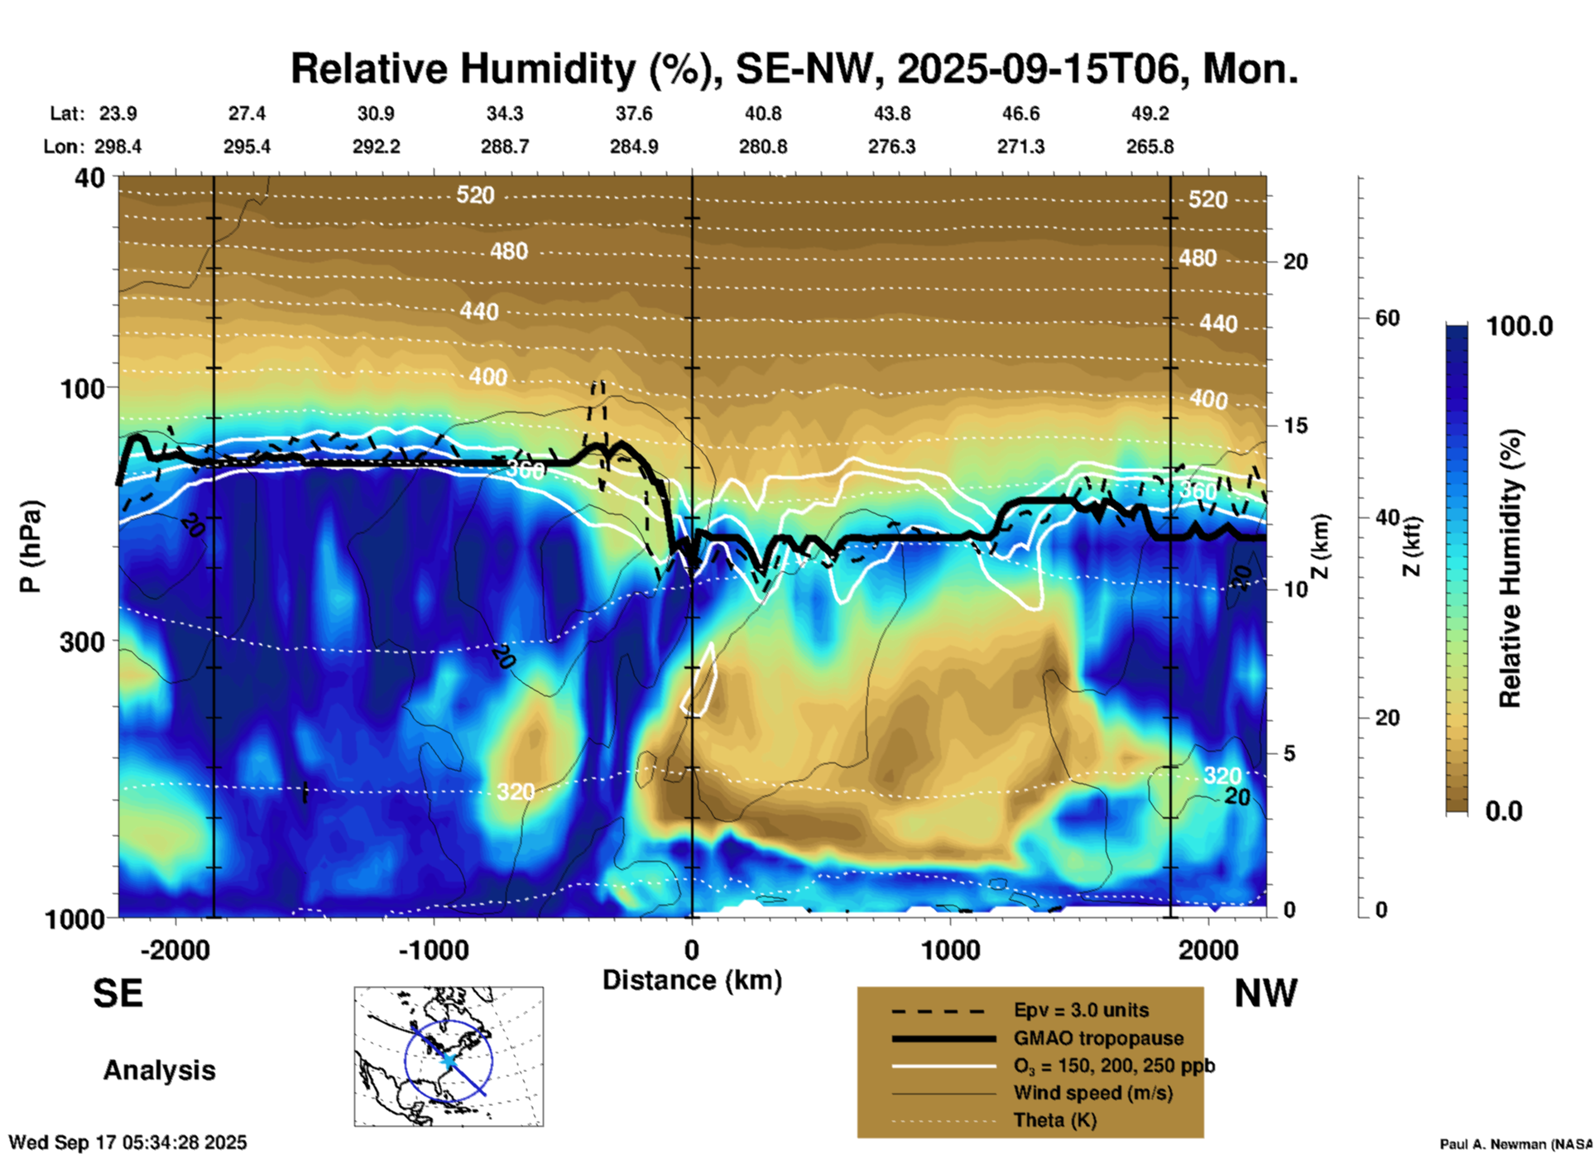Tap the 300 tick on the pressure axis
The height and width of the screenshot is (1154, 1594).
click(83, 642)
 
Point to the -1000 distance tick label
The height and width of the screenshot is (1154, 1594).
click(433, 950)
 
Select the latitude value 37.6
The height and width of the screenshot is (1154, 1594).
click(634, 113)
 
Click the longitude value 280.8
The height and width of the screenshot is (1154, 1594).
click(762, 147)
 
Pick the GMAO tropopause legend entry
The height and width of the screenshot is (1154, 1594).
click(1098, 1038)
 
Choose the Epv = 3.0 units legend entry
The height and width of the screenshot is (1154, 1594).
click(1081, 1011)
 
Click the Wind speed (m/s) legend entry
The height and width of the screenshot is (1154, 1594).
click(1092, 1093)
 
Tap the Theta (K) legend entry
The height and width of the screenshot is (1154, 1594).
click(1054, 1120)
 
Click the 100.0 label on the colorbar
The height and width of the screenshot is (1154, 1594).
click(1520, 326)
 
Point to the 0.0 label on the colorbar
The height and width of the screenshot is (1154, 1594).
click(1504, 811)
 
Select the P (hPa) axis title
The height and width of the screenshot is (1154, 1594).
click(31, 546)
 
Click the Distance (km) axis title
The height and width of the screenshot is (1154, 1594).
click(692, 980)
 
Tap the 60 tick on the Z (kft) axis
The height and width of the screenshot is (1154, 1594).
click(1387, 319)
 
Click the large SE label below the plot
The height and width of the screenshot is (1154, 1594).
click(118, 993)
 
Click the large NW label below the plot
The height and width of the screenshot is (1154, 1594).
click(1265, 993)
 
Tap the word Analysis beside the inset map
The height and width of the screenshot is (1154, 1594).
click(159, 1070)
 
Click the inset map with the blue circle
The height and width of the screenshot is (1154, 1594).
click(449, 1056)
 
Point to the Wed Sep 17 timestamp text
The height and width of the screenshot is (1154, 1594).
click(128, 1142)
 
